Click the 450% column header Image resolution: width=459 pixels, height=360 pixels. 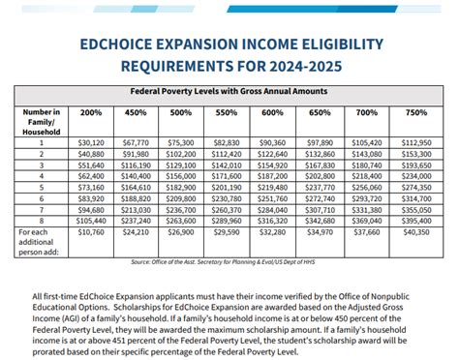coord(136,112)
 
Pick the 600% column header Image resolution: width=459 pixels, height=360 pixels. coord(274,112)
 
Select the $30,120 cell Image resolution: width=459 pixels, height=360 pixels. coord(89,141)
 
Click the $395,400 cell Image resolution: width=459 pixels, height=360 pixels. coord(414,220)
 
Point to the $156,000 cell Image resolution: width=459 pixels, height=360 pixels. coord(181,175)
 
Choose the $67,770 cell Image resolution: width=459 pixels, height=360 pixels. coord(136,141)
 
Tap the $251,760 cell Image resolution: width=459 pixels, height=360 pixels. coord(274,197)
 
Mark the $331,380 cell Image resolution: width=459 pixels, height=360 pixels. coord(368,209)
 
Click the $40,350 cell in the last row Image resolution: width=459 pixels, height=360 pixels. coord(414,232)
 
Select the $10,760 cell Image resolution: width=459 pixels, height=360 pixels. coord(89,232)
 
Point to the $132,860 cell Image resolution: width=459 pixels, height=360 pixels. coord(321,153)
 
